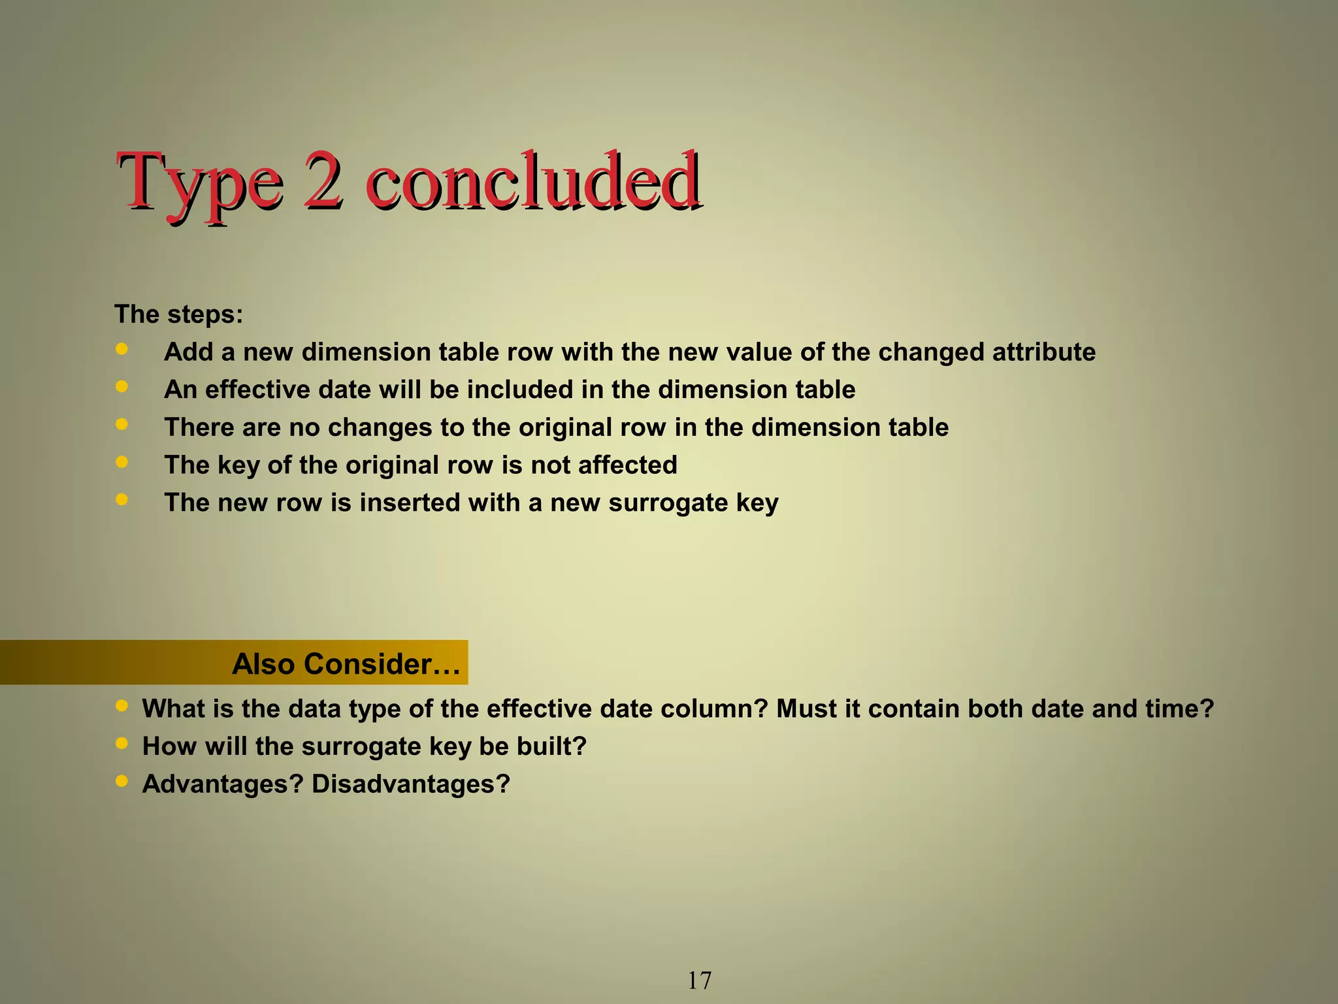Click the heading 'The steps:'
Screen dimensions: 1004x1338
[179, 314]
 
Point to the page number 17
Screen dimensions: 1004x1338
[699, 980]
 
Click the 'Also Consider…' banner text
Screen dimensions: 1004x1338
[346, 664]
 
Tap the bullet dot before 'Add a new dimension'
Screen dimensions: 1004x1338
[122, 349]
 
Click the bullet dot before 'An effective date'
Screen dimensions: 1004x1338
[122, 386]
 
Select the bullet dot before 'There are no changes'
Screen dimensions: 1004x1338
[122, 424]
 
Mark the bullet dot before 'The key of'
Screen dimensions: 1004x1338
[122, 462]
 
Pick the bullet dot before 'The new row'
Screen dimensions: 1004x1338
[122, 499]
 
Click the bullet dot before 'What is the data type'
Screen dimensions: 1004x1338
[122, 705]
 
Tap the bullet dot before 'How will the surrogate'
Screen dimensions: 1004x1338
[122, 743]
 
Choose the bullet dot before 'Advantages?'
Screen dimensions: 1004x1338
[122, 780]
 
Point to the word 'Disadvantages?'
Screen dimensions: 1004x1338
[410, 784]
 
